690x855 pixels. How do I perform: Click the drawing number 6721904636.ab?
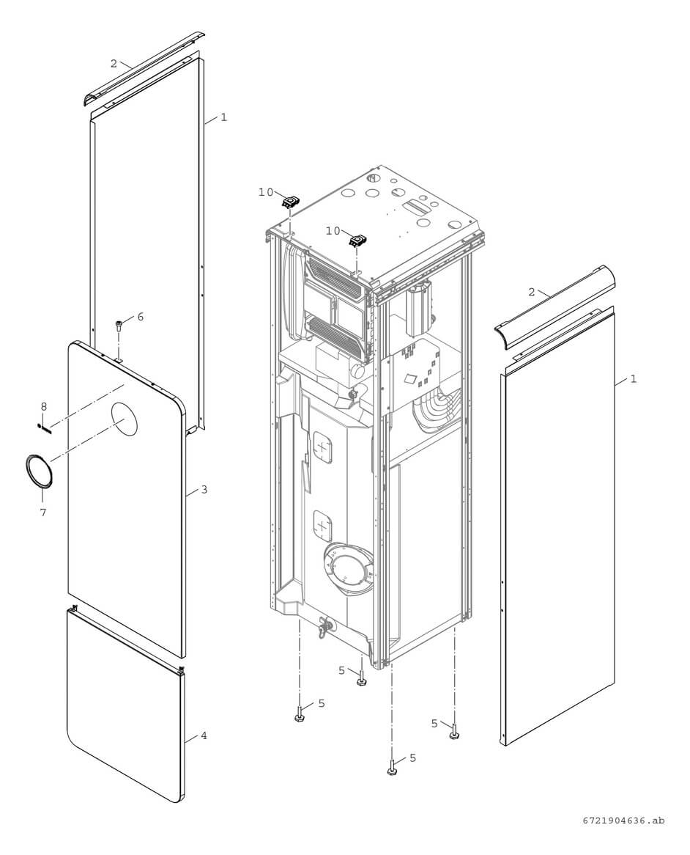625,821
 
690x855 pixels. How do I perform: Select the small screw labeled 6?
119,326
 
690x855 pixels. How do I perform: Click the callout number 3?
204,489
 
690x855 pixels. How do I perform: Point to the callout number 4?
204,735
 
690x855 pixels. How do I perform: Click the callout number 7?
42,513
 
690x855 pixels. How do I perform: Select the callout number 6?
140,316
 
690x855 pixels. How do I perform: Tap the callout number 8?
43,406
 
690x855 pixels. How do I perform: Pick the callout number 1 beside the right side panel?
634,379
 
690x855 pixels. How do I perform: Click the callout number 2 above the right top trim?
532,292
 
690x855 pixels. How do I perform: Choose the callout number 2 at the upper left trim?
114,64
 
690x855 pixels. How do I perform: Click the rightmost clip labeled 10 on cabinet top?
357,240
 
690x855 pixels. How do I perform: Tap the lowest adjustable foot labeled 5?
392,768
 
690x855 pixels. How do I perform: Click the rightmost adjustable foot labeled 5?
454,731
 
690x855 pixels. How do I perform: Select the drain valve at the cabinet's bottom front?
324,628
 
